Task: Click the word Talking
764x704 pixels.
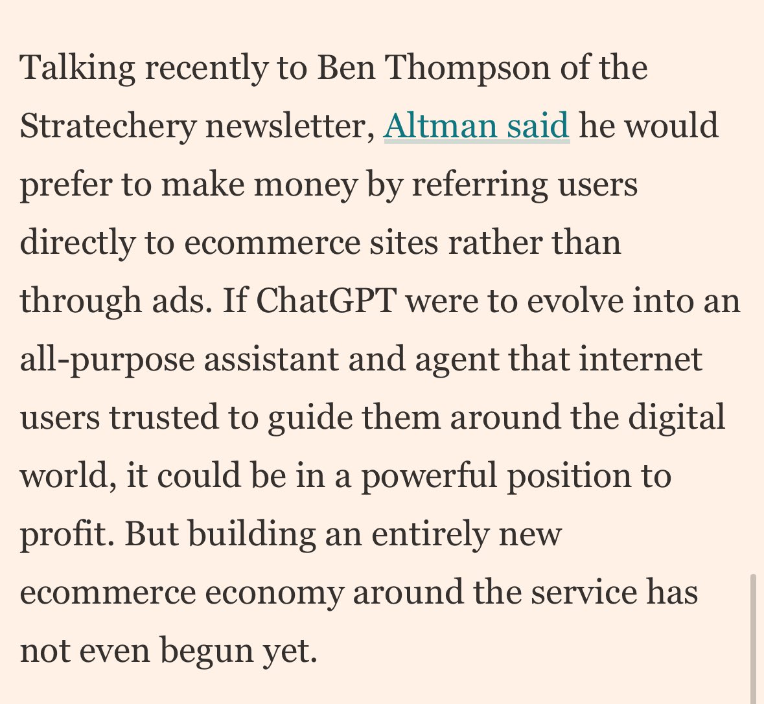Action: [x=78, y=68]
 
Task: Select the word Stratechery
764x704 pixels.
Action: [x=108, y=126]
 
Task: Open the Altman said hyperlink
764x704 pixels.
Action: [x=476, y=126]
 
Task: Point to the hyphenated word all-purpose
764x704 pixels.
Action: [x=107, y=359]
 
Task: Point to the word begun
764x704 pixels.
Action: [x=205, y=651]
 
